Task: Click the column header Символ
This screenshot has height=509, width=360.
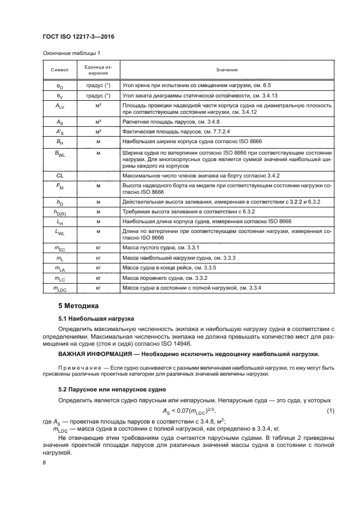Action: coord(59,70)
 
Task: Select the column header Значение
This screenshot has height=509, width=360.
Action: coord(226,70)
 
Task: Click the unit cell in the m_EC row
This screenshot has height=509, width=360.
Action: coord(99,248)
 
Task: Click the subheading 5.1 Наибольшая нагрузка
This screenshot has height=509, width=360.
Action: coord(92,318)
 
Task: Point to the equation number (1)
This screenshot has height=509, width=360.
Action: coord(329,410)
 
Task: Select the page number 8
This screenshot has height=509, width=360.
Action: coord(44,462)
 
